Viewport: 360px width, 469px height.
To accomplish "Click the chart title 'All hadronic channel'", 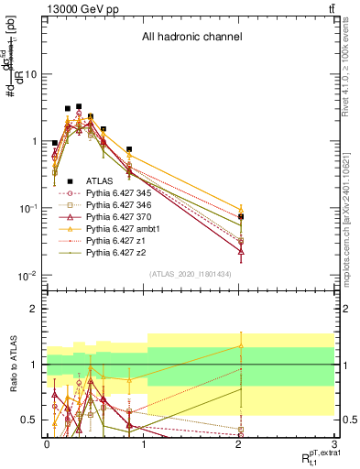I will click(x=191, y=38).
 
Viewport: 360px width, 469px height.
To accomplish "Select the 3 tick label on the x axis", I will click(x=334, y=444).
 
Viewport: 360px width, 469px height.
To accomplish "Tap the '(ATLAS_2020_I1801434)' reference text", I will click(x=191, y=274).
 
